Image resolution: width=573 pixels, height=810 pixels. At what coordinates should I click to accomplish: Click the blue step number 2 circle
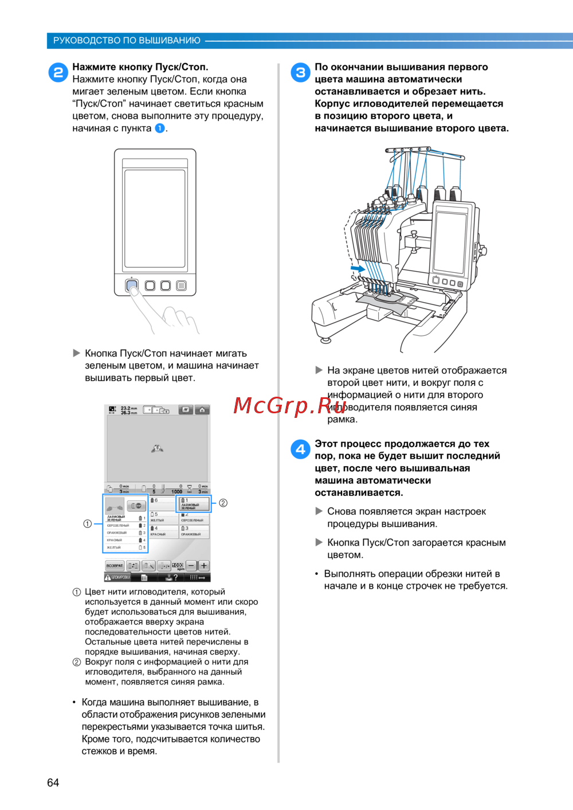pyautogui.click(x=58, y=73)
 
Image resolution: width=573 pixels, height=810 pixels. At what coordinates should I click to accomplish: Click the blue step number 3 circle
pyautogui.click(x=301, y=73)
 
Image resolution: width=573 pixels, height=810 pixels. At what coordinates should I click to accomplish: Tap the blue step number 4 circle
pyautogui.click(x=301, y=449)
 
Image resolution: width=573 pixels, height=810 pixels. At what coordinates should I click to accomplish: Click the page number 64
pyautogui.click(x=53, y=782)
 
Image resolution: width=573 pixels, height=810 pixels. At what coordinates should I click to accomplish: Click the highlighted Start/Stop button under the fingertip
pyautogui.click(x=132, y=285)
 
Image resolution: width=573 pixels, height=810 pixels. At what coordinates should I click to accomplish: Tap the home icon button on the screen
pyautogui.click(x=202, y=410)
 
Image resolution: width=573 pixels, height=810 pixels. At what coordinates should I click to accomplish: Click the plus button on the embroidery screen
pyautogui.click(x=203, y=565)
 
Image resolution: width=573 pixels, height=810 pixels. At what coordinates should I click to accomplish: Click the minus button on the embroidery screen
pyautogui.click(x=191, y=565)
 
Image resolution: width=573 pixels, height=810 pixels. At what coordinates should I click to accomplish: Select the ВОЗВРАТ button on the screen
pyautogui.click(x=115, y=565)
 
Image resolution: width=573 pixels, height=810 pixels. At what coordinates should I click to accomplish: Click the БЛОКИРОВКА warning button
pyautogui.click(x=117, y=577)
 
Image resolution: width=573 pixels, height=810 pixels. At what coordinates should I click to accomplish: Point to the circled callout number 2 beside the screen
pyautogui.click(x=223, y=503)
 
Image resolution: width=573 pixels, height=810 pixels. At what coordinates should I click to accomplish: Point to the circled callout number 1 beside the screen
pyautogui.click(x=87, y=523)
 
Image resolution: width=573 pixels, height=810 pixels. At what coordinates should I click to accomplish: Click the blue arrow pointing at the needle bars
pyautogui.click(x=358, y=268)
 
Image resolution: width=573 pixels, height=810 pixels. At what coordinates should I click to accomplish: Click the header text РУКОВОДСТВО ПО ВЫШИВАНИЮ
pyautogui.click(x=127, y=41)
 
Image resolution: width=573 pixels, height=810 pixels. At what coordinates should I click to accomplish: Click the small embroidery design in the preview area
pyautogui.click(x=157, y=448)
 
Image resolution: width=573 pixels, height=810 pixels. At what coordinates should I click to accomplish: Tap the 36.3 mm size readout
pyautogui.click(x=129, y=413)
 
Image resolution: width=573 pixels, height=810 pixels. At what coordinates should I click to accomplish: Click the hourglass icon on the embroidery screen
pyautogui.click(x=190, y=489)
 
